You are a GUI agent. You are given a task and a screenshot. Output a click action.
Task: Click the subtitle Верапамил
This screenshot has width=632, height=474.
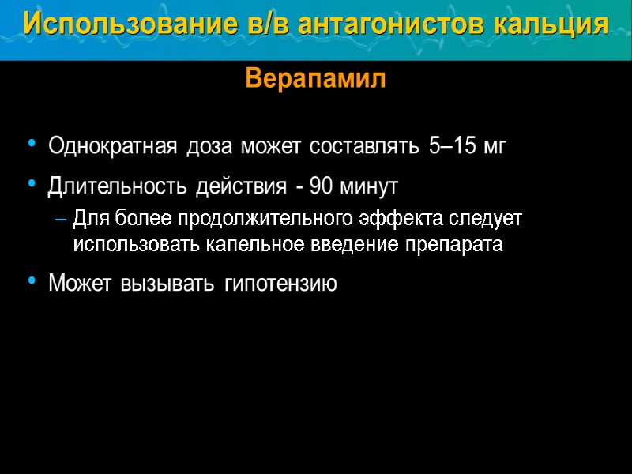coord(316,79)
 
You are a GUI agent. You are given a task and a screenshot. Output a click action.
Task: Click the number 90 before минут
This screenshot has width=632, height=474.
coord(322,187)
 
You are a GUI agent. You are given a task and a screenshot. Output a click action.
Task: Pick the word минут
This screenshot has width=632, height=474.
coord(369,187)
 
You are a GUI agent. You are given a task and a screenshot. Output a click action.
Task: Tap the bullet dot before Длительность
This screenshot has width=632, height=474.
coord(32,184)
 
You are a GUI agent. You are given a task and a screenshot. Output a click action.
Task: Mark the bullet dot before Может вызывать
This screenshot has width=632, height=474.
coord(32,280)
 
